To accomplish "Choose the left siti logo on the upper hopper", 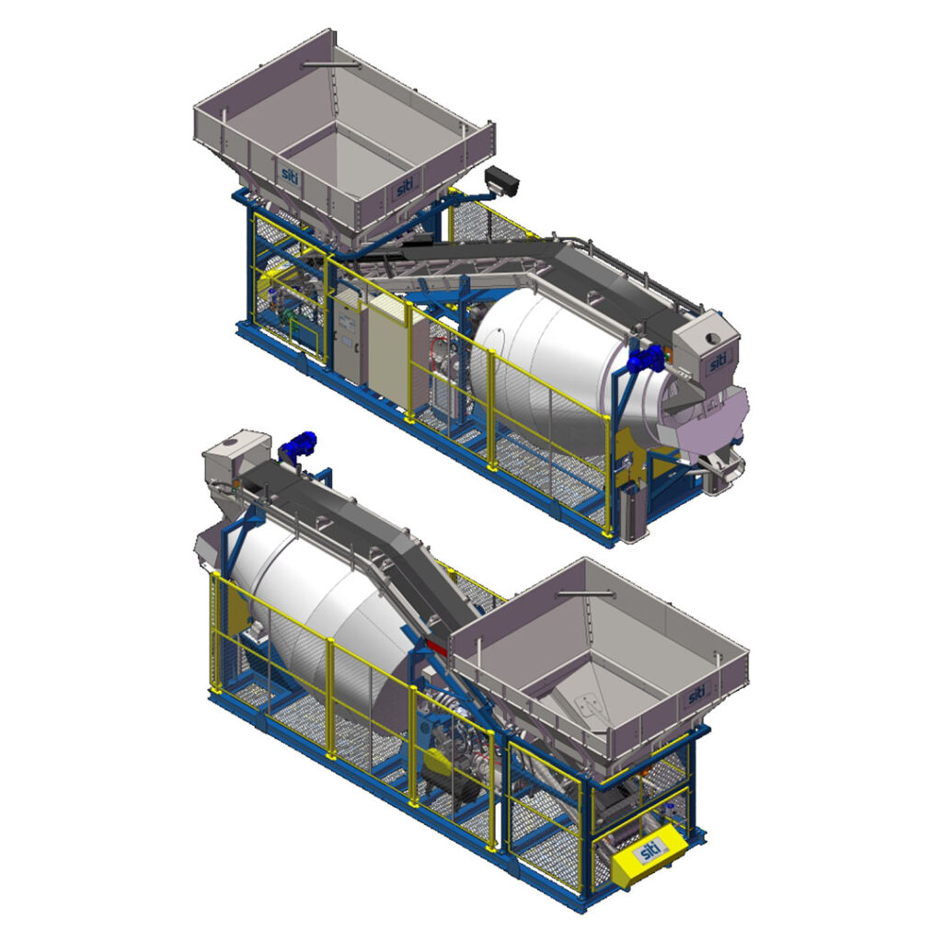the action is pyautogui.click(x=290, y=174).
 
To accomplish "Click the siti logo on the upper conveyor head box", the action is pyautogui.click(x=718, y=362).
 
